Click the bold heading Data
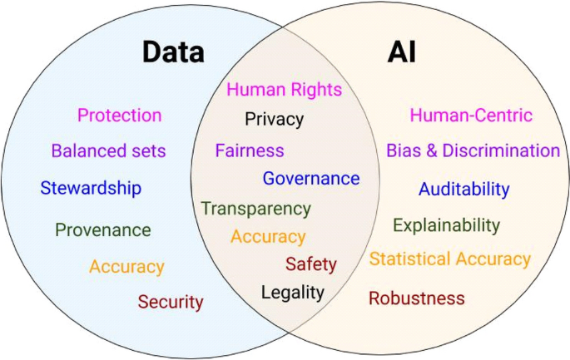pos(173,52)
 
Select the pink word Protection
pos(119,116)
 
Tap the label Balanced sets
pos(108,151)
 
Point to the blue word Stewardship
pos(91,188)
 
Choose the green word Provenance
pos(103,230)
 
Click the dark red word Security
pos(171,302)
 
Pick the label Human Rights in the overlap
pos(284,90)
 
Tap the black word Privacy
pos(274,120)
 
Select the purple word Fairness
pos(250,151)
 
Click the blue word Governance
pos(311,179)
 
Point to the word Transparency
pos(255,209)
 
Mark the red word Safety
pos(311,264)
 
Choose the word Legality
pos(292,292)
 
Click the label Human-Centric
pos(471,116)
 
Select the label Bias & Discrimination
pos(473,151)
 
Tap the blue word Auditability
pos(463,190)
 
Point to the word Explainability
pos(447,225)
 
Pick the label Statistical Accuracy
pos(449,259)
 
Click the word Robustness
pos(417,298)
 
